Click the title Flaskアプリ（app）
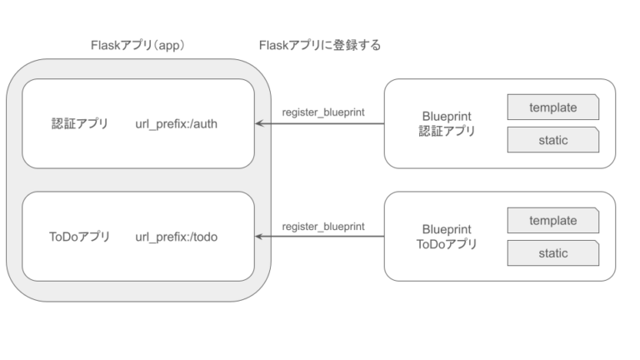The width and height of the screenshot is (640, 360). pos(137,46)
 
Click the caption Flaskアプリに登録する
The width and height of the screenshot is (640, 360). pos(320,46)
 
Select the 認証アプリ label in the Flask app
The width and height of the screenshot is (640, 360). pos(79,124)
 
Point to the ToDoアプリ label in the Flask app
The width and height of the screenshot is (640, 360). pos(79,237)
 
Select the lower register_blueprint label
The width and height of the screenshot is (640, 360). pos(322,226)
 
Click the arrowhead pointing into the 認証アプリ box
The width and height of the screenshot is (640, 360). pos(260,124)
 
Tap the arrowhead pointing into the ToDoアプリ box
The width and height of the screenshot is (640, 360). pos(260,237)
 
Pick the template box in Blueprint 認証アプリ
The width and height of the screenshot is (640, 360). pos(552,107)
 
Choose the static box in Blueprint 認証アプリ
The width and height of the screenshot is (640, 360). pos(552,140)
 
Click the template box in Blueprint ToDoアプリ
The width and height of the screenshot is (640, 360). pos(552,221)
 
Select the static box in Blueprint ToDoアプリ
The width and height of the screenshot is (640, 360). pos(552,253)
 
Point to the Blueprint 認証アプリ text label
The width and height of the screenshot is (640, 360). pos(447,124)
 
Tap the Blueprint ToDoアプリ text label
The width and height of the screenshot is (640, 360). pos(447,237)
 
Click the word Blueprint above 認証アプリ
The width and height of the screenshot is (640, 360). pos(447,117)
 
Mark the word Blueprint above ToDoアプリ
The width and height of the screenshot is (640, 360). pos(447,229)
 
